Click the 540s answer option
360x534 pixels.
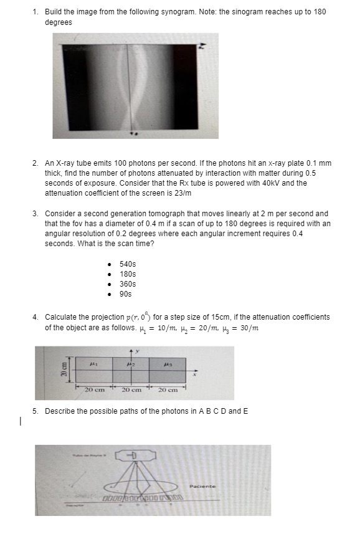(x=127, y=264)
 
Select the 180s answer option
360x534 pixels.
(x=127, y=274)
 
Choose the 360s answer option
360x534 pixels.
(x=127, y=284)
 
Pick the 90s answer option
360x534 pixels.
(x=126, y=293)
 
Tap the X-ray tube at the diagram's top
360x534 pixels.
(x=133, y=457)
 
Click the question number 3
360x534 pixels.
(x=36, y=213)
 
